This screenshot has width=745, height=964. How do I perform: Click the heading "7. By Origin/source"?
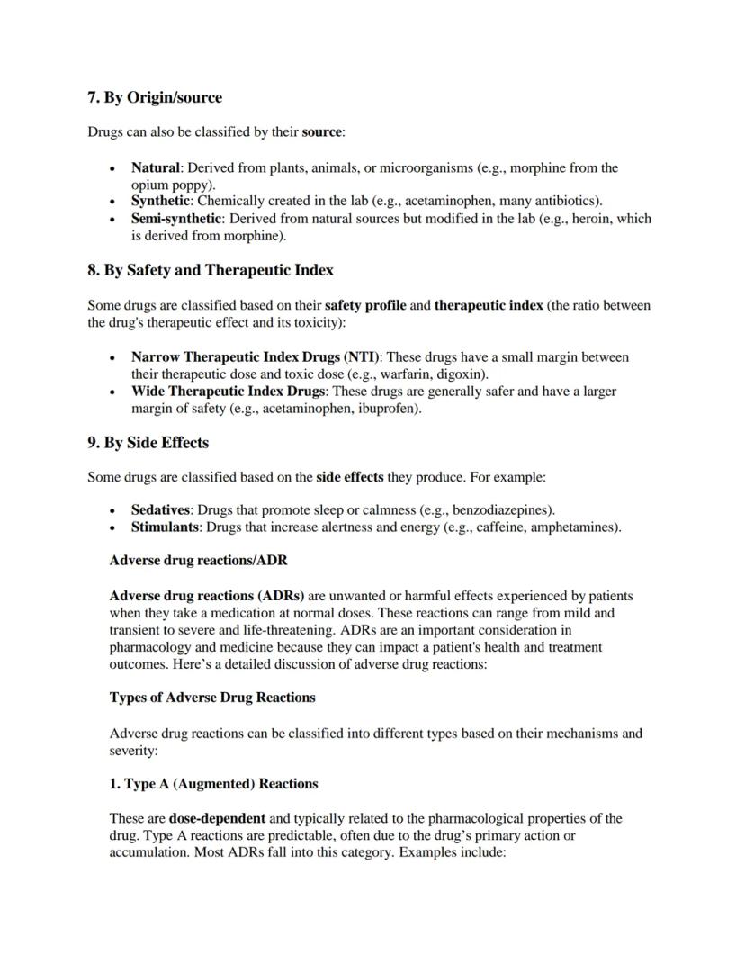click(154, 97)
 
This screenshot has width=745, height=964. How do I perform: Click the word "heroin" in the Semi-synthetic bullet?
click(593, 219)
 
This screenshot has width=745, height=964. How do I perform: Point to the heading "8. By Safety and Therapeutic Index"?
click(210, 270)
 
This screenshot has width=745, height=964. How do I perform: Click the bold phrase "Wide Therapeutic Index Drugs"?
click(227, 392)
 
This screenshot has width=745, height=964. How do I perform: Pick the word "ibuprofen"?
click(390, 409)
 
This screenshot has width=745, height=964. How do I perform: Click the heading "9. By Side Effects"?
click(148, 443)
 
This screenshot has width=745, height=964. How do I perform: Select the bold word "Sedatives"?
click(160, 509)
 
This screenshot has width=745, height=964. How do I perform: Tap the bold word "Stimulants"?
click(164, 527)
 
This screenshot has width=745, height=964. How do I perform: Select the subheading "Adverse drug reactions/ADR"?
click(198, 561)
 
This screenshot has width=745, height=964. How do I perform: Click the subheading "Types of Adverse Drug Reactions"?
click(212, 698)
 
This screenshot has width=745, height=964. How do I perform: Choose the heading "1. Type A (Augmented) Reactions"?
click(213, 784)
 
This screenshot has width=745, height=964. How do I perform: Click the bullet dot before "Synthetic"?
click(112, 202)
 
